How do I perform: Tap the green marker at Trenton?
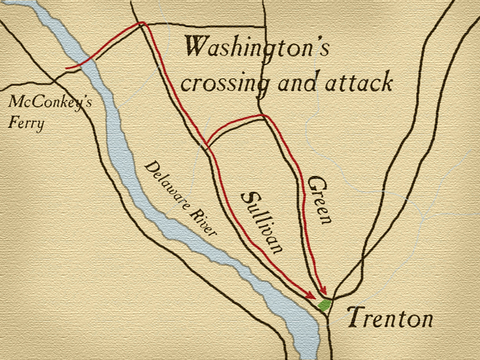(x=324, y=305)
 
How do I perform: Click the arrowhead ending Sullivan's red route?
(x=311, y=297)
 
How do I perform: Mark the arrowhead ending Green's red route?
(x=324, y=291)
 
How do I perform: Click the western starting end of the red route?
(x=66, y=68)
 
